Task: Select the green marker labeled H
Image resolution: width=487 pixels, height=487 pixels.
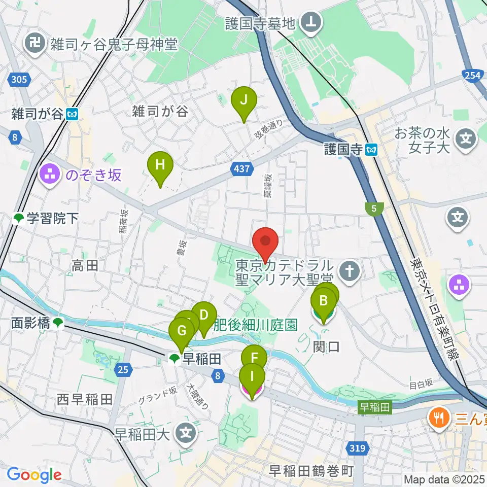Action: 160,166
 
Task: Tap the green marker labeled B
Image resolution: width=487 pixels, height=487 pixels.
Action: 323,303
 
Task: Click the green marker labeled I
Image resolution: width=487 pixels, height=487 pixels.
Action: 252,377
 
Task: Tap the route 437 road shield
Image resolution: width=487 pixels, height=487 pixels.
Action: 242,168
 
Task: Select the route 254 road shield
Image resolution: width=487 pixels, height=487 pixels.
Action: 472,75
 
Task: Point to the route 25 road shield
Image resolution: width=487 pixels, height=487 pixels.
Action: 123,370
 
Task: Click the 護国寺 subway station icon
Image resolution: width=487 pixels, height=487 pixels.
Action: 372,149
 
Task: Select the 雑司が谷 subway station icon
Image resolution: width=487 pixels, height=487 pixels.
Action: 72,114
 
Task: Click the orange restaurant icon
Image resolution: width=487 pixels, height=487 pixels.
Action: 437,418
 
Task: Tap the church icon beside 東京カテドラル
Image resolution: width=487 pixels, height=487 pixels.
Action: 349,271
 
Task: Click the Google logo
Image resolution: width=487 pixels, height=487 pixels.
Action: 34,475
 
